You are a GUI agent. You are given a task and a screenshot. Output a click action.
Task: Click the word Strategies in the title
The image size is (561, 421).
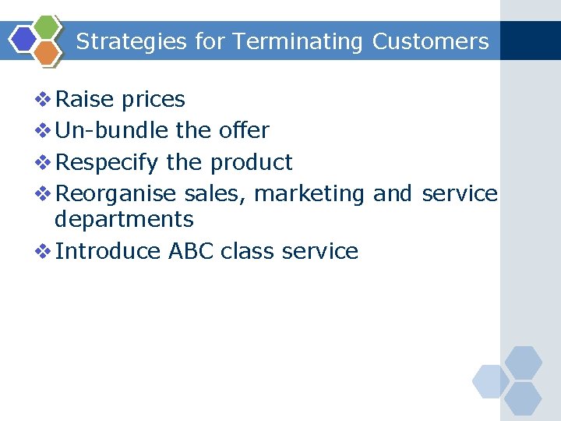pyautogui.click(x=132, y=41)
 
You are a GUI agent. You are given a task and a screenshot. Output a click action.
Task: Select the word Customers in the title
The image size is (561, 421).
pyautogui.click(x=431, y=41)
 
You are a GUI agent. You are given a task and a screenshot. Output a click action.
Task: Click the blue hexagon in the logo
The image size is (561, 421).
pyautogui.click(x=25, y=39)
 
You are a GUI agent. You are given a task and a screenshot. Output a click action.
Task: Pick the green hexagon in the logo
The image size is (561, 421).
pyautogui.click(x=48, y=27)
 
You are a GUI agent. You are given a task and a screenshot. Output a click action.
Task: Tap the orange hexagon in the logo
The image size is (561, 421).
pyautogui.click(x=48, y=52)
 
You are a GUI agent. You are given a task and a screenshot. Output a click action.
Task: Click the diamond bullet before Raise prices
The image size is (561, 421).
pyautogui.click(x=44, y=100)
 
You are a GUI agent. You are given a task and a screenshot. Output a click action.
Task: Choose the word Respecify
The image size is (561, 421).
pyautogui.click(x=108, y=162)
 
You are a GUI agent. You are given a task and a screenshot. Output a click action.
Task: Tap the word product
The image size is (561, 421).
pyautogui.click(x=251, y=162)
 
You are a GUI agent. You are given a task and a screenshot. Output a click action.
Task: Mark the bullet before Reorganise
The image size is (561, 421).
pyautogui.click(x=44, y=193)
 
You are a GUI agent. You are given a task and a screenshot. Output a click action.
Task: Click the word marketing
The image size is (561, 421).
pyautogui.click(x=309, y=193)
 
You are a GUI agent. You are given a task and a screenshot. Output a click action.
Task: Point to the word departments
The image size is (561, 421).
pyautogui.click(x=124, y=220)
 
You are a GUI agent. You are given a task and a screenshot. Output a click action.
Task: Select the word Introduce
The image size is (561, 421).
pyautogui.click(x=108, y=251)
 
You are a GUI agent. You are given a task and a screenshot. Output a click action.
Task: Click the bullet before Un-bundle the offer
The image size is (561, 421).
pyautogui.click(x=44, y=130)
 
